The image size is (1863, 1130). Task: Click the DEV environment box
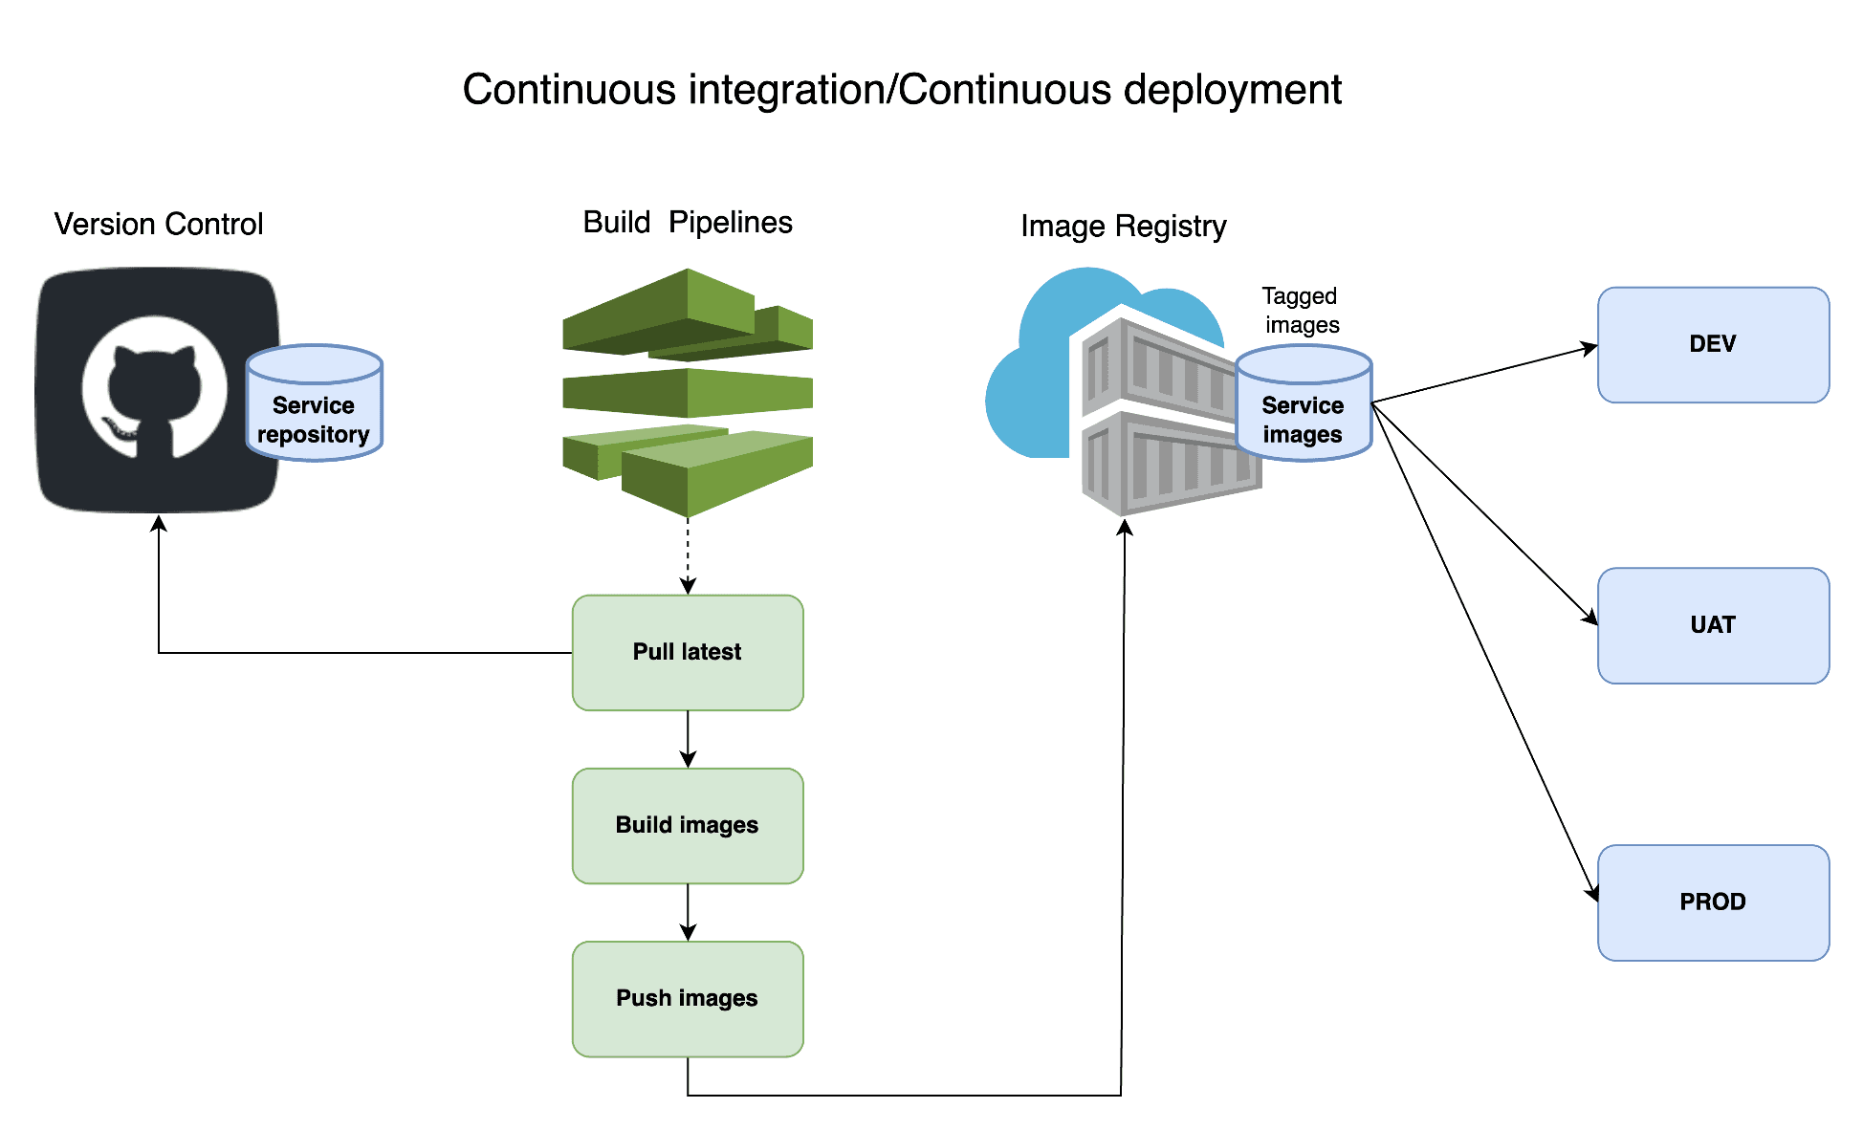[x=1712, y=344]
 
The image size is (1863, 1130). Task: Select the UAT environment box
[x=1712, y=625]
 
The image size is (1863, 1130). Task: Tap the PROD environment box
[x=1712, y=902]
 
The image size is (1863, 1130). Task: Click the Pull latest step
[x=687, y=652]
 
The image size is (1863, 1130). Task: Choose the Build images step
[x=687, y=825]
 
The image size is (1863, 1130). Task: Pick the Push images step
[x=687, y=998]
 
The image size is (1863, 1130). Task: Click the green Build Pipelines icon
[x=687, y=392]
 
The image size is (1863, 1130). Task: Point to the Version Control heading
[x=158, y=224]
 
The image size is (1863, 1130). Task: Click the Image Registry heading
[x=1123, y=227]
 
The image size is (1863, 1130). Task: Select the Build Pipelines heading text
[x=687, y=223]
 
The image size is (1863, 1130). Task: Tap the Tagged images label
[x=1300, y=310]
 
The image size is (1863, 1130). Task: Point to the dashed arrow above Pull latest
[x=688, y=554]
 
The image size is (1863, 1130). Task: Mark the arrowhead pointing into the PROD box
[x=1592, y=893]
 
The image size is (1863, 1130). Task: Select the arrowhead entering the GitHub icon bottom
[x=159, y=524]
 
